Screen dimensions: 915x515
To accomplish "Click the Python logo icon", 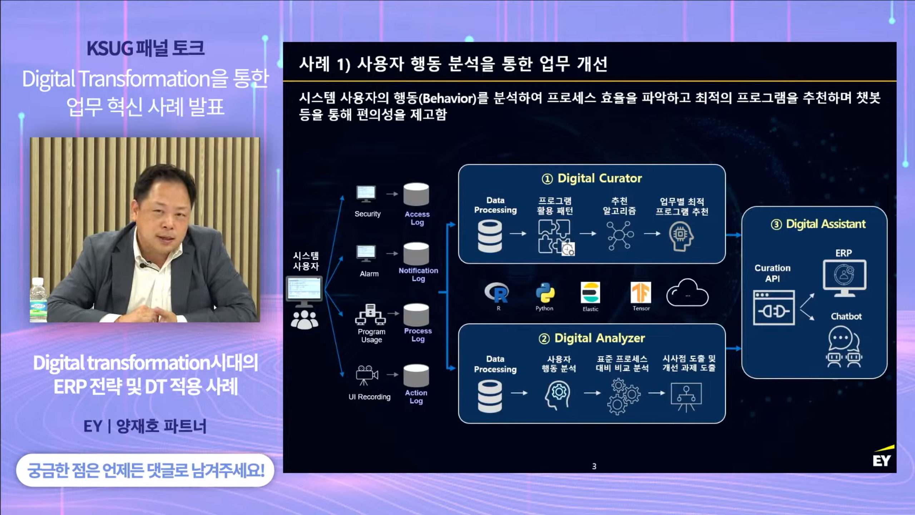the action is [x=545, y=293].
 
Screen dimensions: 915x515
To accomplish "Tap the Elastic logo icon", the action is [x=590, y=293].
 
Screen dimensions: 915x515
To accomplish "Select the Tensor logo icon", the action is [x=641, y=293].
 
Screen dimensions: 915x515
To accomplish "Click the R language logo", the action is [x=497, y=293].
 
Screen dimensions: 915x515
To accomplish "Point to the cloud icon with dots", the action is [x=687, y=293].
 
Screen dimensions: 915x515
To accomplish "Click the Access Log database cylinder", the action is [x=416, y=195].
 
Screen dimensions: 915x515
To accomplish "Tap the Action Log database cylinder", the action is [x=416, y=376].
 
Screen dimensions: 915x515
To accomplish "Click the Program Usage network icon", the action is [x=370, y=314].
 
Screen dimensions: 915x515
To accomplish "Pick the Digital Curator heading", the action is [x=592, y=178].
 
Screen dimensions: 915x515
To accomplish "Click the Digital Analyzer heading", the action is [x=592, y=338].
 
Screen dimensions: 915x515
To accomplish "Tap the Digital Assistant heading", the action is [x=818, y=224].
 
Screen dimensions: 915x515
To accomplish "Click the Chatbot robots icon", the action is [x=844, y=347].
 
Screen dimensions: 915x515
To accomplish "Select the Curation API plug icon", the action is [x=774, y=308].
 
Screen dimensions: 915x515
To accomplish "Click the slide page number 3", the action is [x=594, y=466].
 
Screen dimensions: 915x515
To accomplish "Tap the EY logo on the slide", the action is [x=883, y=456].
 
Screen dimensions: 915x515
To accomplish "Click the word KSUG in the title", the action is [x=110, y=49].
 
